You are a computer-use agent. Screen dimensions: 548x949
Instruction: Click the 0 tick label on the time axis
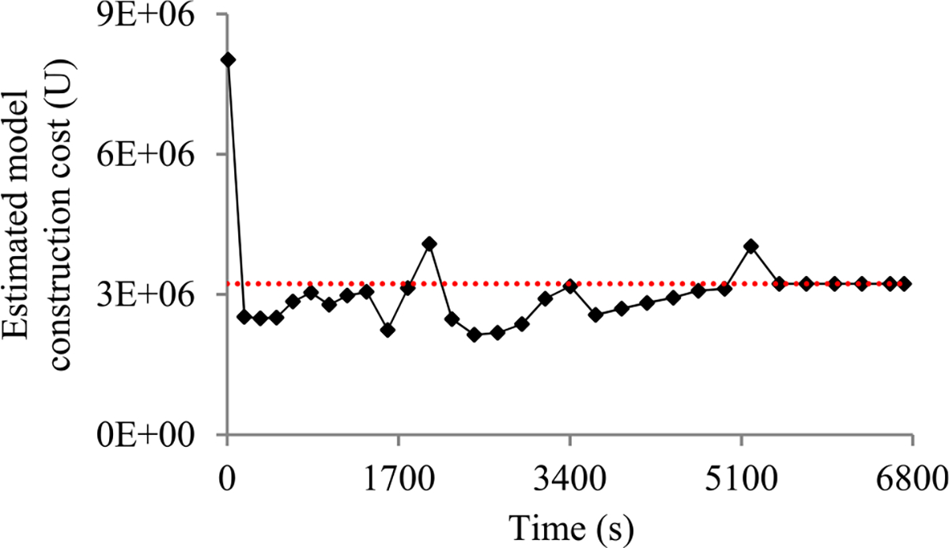(228, 478)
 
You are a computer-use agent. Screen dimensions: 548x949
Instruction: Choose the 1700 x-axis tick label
(399, 478)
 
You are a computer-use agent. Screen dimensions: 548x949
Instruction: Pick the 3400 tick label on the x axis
(570, 478)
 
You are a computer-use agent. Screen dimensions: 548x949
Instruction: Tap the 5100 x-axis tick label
(741, 478)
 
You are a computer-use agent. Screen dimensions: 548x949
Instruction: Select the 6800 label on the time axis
(912, 478)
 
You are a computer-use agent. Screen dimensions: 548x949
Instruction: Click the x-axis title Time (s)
(569, 525)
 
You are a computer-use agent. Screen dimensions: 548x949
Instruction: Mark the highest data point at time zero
(228, 59)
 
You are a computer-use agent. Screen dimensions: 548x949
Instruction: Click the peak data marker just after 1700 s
(429, 244)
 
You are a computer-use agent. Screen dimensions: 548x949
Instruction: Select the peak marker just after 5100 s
(751, 246)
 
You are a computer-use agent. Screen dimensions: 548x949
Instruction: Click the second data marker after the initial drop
(260, 318)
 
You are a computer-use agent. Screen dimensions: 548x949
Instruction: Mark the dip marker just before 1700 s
(388, 330)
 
